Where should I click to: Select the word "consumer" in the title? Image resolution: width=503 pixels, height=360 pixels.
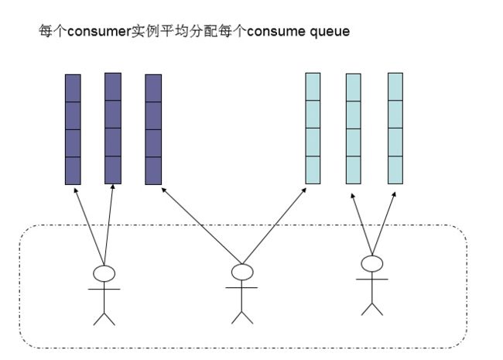(x=98, y=31)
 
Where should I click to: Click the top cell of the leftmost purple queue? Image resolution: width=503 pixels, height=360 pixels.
(x=73, y=88)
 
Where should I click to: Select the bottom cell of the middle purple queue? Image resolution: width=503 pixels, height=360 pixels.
(x=113, y=170)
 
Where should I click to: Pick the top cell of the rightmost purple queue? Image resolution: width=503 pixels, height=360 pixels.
(x=153, y=88)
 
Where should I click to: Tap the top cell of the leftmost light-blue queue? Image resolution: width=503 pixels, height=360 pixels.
(x=313, y=87)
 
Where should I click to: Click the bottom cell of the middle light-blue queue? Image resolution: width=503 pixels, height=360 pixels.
(x=353, y=170)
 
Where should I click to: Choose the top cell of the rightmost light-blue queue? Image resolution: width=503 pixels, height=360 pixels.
(x=395, y=87)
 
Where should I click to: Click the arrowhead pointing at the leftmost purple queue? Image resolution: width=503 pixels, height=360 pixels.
(x=76, y=190)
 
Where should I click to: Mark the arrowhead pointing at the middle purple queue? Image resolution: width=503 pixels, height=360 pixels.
(x=113, y=187)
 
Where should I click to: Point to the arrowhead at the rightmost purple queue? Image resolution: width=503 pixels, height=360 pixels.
(x=163, y=190)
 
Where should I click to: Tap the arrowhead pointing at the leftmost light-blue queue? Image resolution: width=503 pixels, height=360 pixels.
(x=304, y=190)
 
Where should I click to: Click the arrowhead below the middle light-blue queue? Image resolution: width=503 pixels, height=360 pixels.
(x=353, y=195)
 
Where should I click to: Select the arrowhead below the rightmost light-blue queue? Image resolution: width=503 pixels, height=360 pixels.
(x=394, y=194)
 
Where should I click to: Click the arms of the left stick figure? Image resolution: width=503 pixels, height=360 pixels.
(x=104, y=289)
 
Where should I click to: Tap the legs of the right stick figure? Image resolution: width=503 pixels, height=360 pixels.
(x=371, y=309)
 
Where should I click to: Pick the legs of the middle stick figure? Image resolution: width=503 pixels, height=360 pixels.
(x=242, y=317)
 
